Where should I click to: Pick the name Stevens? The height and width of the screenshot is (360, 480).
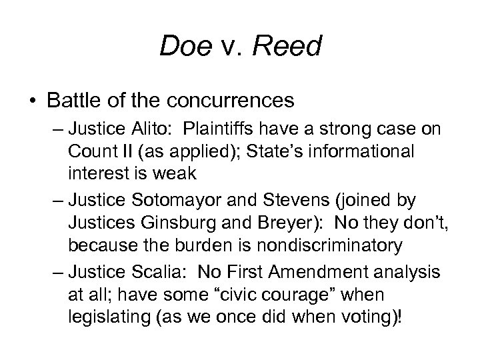pyautogui.click(x=279, y=198)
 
